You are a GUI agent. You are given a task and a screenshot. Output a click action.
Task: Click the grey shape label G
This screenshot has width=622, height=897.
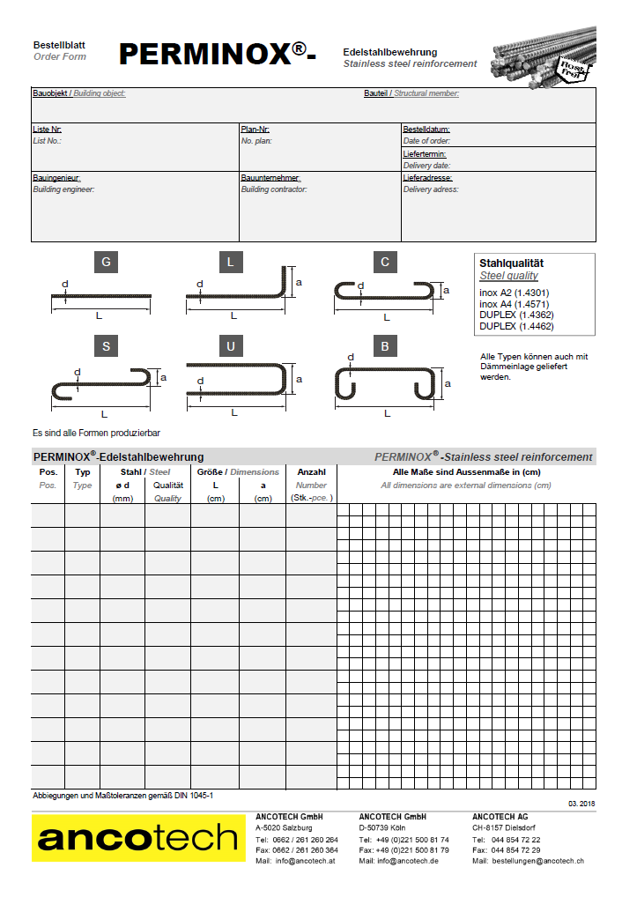coord(106,262)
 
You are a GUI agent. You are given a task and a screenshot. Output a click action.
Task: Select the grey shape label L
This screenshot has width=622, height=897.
coord(231,262)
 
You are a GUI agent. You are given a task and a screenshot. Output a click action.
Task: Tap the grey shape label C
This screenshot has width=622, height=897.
coord(385,262)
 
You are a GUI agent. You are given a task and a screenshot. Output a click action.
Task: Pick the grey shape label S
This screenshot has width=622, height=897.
coord(106,346)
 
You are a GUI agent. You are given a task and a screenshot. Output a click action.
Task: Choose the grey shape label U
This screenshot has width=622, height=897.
coord(231,346)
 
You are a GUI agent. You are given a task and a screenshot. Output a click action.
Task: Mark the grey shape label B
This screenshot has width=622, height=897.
coord(385,346)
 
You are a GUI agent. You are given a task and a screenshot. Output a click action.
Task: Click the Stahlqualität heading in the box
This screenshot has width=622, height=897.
coord(511,263)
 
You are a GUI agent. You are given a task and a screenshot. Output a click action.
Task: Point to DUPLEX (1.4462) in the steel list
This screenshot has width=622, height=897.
coord(515,326)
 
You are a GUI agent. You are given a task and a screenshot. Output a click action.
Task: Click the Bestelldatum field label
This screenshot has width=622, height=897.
coord(426,130)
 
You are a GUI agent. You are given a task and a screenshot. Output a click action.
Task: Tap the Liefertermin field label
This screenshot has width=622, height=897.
coord(425,154)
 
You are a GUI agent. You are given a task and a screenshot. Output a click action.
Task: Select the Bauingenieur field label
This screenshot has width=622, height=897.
coord(56,178)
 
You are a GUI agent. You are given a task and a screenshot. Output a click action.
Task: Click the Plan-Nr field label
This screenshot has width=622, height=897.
coord(255,130)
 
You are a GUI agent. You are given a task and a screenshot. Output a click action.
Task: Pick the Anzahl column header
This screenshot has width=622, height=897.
coord(311,472)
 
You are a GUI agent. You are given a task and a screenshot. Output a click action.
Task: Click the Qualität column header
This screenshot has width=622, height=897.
coord(167,485)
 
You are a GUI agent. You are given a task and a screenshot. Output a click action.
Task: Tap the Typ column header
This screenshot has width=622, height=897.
coord(83,472)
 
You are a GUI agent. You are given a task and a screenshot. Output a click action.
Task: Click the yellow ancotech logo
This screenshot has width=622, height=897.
coord(138,838)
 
